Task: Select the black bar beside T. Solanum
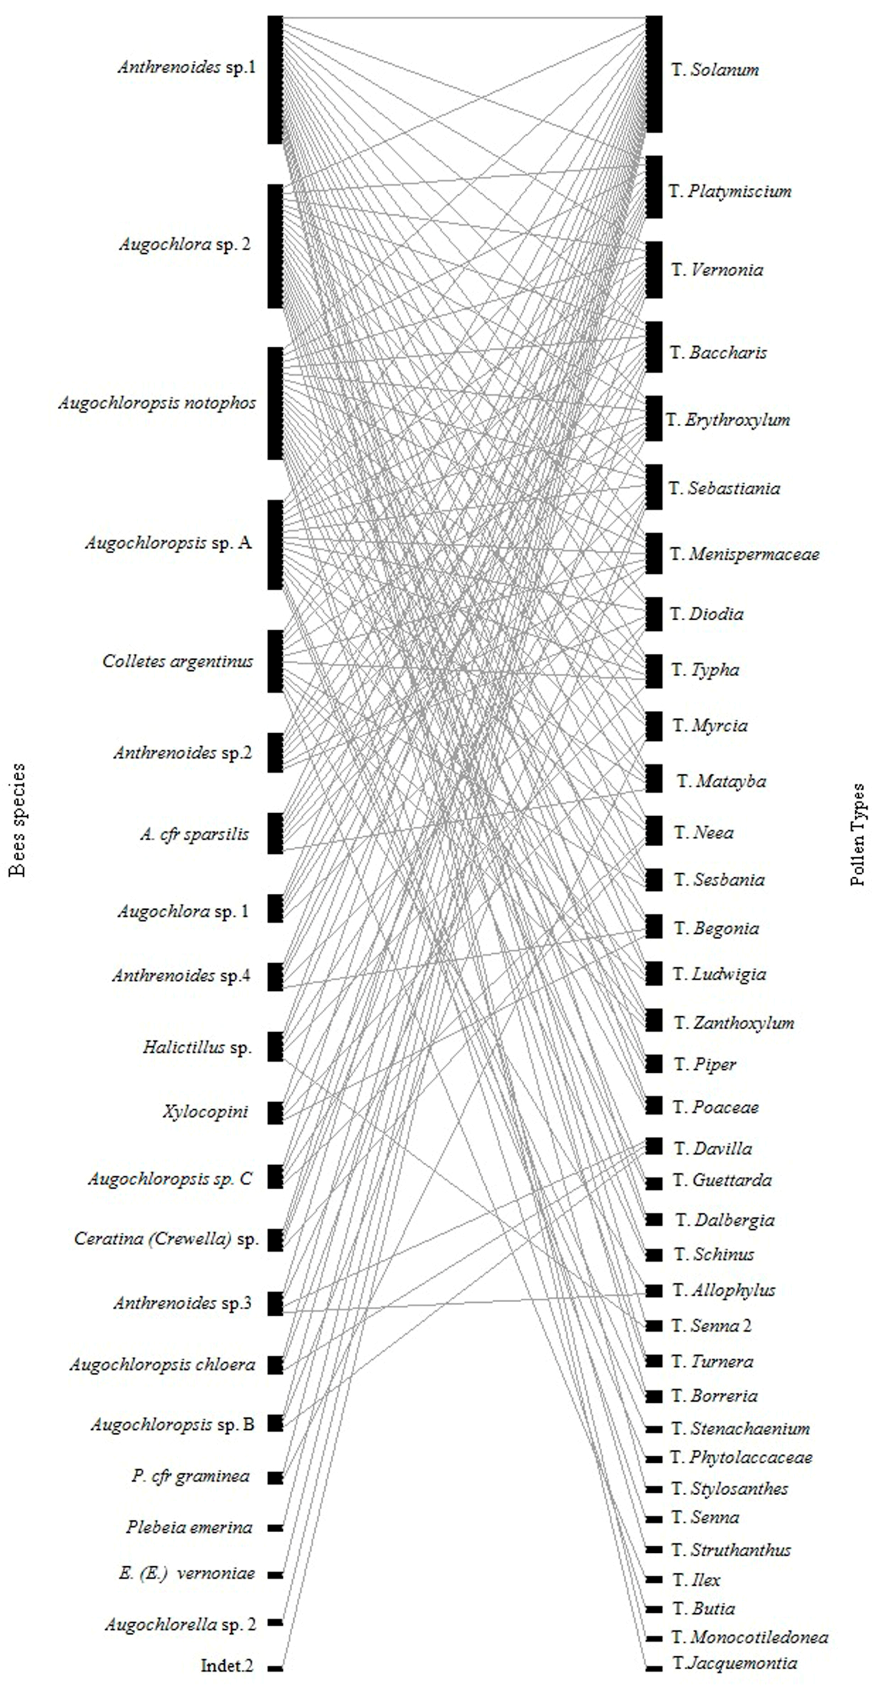[x=654, y=74]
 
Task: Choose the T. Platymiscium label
[x=730, y=191]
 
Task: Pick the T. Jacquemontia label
[x=735, y=1663]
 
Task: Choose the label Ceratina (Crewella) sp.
[x=166, y=1239]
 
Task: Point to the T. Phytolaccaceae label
[x=741, y=1458]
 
